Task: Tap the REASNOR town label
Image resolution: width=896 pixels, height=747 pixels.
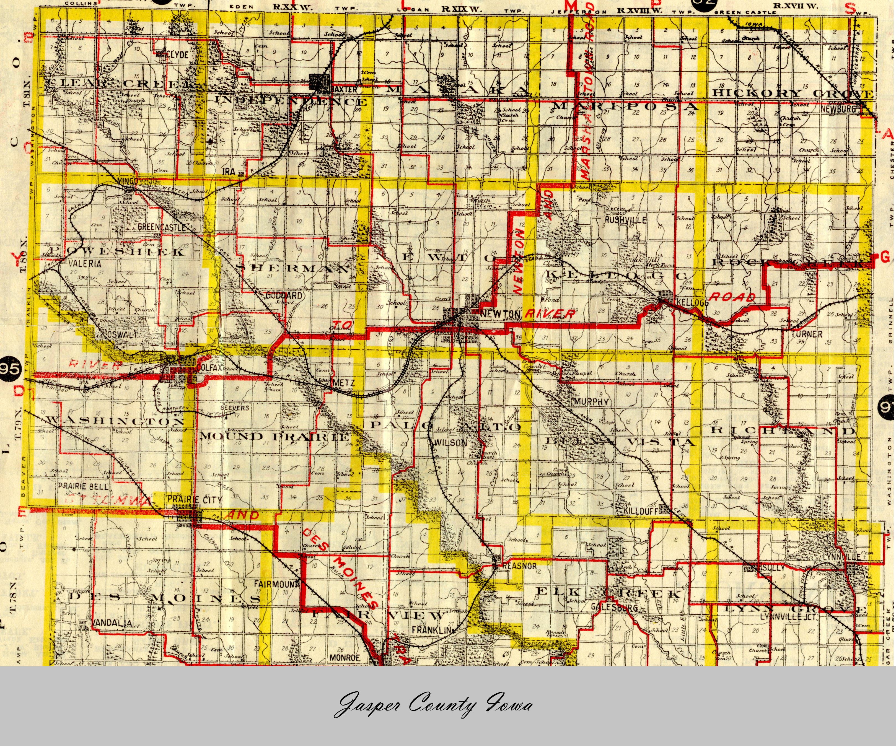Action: click(x=519, y=566)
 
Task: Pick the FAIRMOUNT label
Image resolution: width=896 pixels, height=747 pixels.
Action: click(x=274, y=583)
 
